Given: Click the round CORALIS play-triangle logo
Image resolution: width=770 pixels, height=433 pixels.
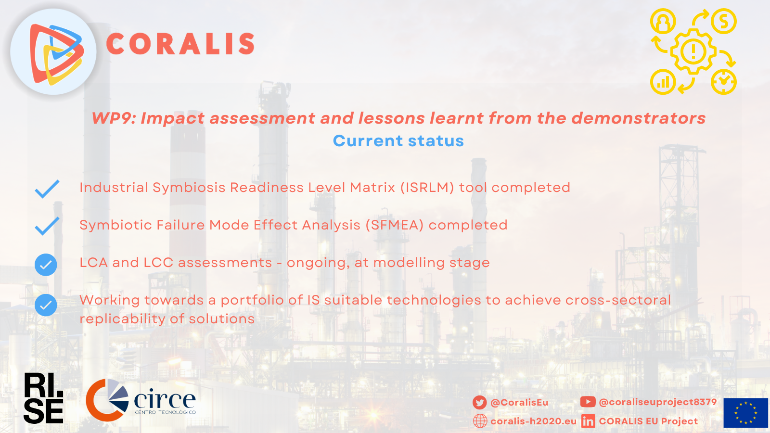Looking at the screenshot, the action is [53, 52].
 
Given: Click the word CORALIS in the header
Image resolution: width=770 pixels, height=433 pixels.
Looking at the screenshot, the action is [180, 44].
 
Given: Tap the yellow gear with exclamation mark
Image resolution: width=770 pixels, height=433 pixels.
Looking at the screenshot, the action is [693, 51].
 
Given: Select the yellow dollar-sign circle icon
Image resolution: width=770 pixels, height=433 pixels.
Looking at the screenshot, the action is [724, 21].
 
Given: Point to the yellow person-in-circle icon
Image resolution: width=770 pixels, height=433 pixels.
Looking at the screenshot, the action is [663, 21].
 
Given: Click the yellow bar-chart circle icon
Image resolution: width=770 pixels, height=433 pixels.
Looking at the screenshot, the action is [663, 82].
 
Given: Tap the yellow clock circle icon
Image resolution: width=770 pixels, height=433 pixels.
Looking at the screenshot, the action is [724, 82].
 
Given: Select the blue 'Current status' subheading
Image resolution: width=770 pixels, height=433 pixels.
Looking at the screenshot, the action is [398, 141].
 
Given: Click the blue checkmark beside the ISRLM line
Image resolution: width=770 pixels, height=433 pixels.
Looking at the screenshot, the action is [47, 189].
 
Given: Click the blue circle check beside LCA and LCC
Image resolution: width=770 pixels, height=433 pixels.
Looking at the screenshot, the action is [46, 265].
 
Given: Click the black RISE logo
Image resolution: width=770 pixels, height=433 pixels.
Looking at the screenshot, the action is [43, 399].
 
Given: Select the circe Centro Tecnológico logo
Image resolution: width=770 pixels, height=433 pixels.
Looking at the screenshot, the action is [141, 400].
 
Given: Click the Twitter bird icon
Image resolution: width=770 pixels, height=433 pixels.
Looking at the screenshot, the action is [479, 402].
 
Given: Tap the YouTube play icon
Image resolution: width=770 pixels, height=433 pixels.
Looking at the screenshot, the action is [588, 402].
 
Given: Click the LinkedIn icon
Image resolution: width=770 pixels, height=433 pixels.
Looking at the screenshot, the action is [588, 421].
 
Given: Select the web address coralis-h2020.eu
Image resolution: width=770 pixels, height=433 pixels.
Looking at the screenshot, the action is [534, 421].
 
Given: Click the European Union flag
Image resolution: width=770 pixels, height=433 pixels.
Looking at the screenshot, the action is [745, 413].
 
